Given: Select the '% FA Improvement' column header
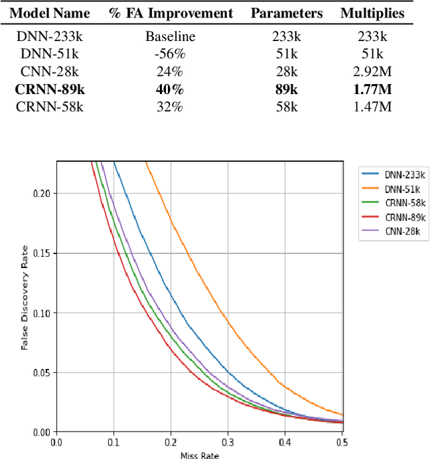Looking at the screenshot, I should (x=171, y=13).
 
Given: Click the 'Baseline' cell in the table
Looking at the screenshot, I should (x=171, y=37).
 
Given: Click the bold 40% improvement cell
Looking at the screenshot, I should (x=171, y=89).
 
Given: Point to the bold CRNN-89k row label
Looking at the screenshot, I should (x=50, y=89).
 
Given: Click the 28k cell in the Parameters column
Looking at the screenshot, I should (x=287, y=72).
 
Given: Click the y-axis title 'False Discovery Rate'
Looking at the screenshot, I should (x=24, y=296).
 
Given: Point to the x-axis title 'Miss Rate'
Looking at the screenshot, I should (x=199, y=456).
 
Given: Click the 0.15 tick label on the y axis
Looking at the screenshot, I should (x=42, y=253).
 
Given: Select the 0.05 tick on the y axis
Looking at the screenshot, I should (x=42, y=372).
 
